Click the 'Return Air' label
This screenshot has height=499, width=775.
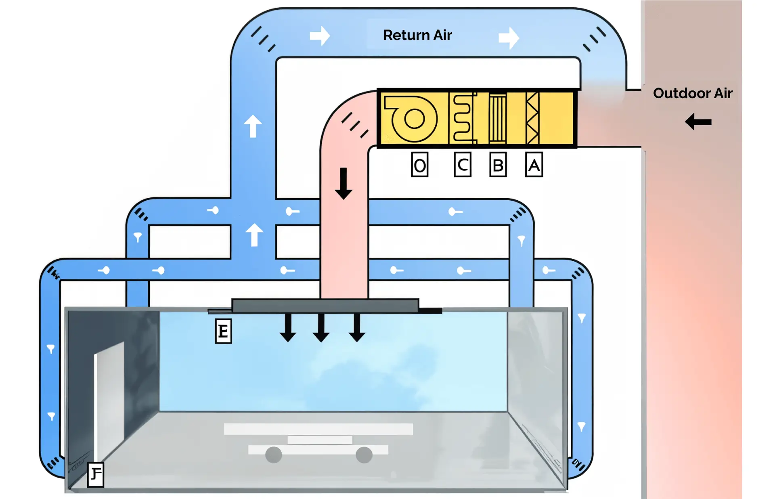(x=417, y=35)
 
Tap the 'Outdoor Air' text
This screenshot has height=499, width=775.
(x=692, y=93)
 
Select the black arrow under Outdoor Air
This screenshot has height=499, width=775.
(x=698, y=122)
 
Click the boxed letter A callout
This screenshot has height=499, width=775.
(x=534, y=165)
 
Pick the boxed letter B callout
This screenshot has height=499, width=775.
(x=498, y=165)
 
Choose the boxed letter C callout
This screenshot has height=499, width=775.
(x=463, y=165)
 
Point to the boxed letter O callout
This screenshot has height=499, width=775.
(x=419, y=165)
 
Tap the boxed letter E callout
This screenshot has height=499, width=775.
(x=223, y=331)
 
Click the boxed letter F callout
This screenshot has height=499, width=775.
(x=96, y=474)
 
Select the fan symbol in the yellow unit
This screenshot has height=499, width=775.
(x=412, y=119)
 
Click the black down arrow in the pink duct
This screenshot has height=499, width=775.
(x=344, y=184)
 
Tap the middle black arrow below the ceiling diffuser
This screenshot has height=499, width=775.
(x=321, y=327)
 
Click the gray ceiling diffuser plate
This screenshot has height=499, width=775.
(x=325, y=306)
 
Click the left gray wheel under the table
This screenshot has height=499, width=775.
(x=273, y=455)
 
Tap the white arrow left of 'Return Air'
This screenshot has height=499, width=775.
(x=320, y=36)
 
